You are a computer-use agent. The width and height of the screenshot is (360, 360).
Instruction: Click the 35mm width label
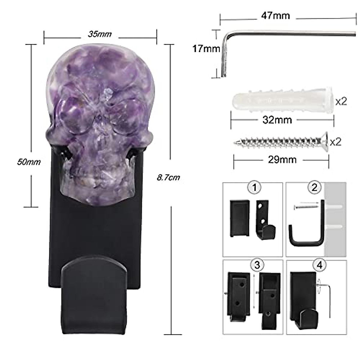(100, 34)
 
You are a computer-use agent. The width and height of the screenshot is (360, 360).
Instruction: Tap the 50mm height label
(29, 162)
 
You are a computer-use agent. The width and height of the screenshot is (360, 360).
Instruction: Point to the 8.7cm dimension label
(168, 177)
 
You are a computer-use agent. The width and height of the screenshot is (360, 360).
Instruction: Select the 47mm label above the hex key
(275, 16)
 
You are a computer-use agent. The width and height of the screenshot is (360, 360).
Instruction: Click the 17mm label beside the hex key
(206, 48)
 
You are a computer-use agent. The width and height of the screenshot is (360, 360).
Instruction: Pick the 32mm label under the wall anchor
(277, 120)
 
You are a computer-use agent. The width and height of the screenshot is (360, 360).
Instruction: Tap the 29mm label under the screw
(282, 160)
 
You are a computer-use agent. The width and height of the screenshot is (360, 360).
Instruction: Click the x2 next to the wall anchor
(341, 101)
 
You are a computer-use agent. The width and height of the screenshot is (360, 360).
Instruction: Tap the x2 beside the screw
(336, 142)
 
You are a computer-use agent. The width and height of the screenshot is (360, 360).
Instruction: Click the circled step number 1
(254, 187)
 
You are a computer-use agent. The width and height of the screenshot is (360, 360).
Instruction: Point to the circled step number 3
(257, 265)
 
